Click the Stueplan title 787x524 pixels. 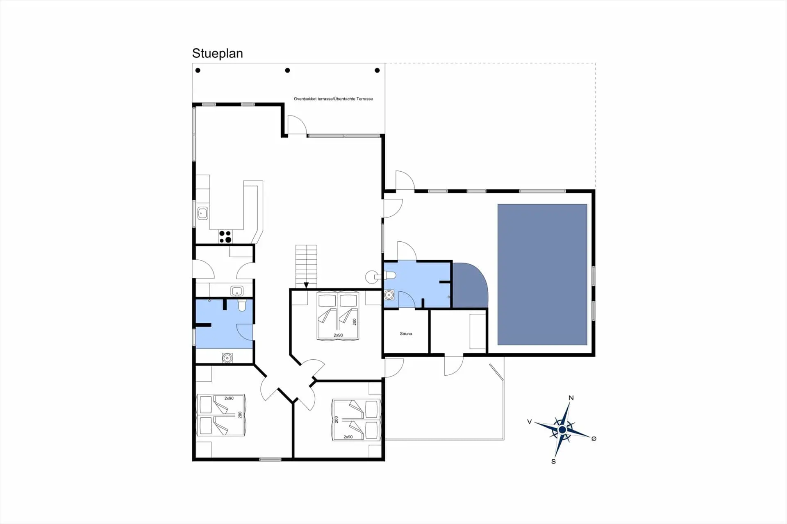pyautogui.click(x=217, y=54)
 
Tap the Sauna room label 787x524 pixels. pyautogui.click(x=406, y=333)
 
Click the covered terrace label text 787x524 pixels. pyautogui.click(x=333, y=99)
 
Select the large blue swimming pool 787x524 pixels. pyautogui.click(x=542, y=274)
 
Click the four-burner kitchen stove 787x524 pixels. pyautogui.click(x=225, y=237)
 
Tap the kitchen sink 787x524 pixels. pyautogui.click(x=202, y=213)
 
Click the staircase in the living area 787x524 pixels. pyautogui.click(x=306, y=266)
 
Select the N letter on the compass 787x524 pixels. pyautogui.click(x=571, y=398)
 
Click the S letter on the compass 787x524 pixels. pyautogui.click(x=553, y=461)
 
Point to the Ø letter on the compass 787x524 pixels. pyautogui.click(x=594, y=438)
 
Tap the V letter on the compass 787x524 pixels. pyautogui.click(x=530, y=422)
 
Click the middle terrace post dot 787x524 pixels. pyautogui.click(x=287, y=70)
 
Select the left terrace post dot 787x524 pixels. pyautogui.click(x=198, y=70)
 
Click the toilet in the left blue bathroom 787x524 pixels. pyautogui.click(x=242, y=305)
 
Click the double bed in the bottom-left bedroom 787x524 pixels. pyautogui.click(x=221, y=415)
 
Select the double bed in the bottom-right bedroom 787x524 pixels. pyautogui.click(x=356, y=420)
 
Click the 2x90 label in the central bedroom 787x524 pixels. pyautogui.click(x=338, y=335)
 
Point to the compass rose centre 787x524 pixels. pyautogui.click(x=562, y=429)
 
